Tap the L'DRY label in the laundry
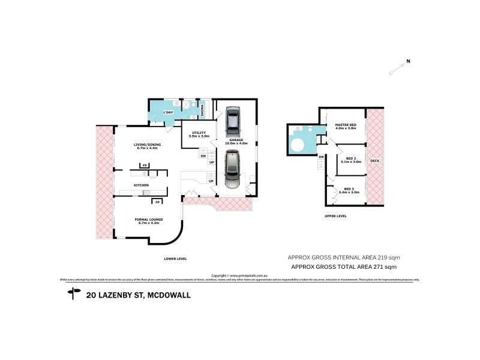tap(169, 112)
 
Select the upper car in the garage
tap(232, 122)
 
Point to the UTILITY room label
tap(199, 133)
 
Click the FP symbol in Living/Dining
tap(144, 165)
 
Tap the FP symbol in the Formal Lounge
tap(157, 202)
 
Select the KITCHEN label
tap(141, 185)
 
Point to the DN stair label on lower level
tap(202, 157)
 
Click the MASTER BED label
tap(345, 125)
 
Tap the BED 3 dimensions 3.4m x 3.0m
tap(349, 192)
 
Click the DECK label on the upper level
tap(374, 161)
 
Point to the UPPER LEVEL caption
tap(336, 215)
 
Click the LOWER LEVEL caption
tap(176, 259)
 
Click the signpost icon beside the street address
tap(74, 293)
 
